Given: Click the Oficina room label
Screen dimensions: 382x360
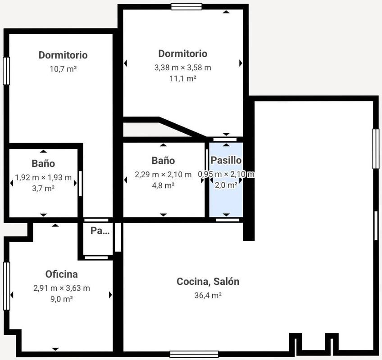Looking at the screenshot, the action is click(x=62, y=274).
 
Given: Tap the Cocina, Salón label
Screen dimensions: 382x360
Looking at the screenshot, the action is click(x=208, y=282).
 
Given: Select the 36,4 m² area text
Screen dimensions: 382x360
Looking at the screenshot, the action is click(x=208, y=295).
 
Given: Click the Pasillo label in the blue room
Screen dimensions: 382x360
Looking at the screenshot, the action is click(x=226, y=160).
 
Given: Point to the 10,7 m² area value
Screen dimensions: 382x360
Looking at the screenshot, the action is click(x=63, y=69).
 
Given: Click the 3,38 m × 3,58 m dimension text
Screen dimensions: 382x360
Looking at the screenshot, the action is click(x=183, y=67).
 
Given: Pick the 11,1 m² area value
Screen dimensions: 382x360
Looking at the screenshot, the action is click(x=183, y=78).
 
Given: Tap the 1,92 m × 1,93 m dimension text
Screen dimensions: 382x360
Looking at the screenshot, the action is click(x=43, y=177).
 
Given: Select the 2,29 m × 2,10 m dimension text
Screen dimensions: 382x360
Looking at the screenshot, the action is click(x=163, y=175).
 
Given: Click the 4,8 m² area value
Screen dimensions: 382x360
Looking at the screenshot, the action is click(x=163, y=185).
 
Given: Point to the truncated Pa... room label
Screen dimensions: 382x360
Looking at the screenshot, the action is click(x=100, y=231).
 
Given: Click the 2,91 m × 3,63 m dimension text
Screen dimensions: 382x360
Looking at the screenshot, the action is click(x=62, y=288).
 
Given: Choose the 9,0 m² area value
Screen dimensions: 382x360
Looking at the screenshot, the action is click(x=62, y=299).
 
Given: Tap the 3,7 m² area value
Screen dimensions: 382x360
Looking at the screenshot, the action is click(x=43, y=189).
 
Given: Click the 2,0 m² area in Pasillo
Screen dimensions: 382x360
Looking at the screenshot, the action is click(x=226, y=185).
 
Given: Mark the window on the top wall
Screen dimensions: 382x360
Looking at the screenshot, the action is click(x=186, y=7).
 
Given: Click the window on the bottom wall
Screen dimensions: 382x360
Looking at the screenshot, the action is click(x=194, y=354).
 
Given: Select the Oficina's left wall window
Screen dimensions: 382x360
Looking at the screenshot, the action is click(x=7, y=286).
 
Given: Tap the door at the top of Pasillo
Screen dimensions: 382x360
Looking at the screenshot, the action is click(x=225, y=139).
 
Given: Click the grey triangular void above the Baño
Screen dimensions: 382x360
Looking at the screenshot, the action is click(x=156, y=130).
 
